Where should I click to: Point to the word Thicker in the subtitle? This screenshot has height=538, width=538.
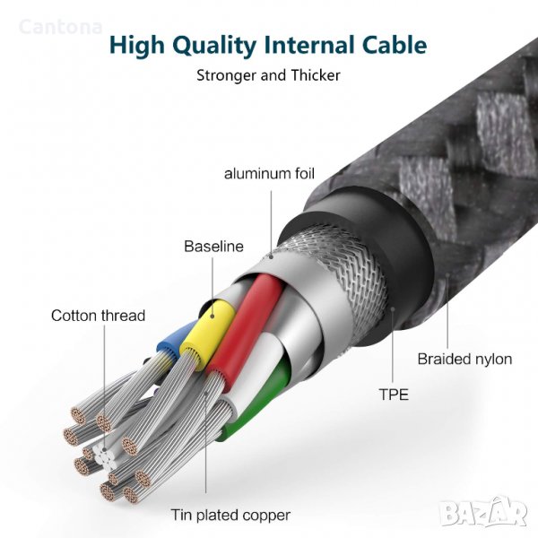pyautogui.click(x=316, y=75)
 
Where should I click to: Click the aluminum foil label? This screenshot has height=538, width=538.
pyautogui.click(x=270, y=173)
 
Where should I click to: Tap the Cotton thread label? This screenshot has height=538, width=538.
pyautogui.click(x=98, y=316)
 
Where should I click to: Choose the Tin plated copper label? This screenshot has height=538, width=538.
pyautogui.click(x=230, y=516)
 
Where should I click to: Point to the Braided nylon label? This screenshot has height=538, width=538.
pyautogui.click(x=464, y=360)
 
